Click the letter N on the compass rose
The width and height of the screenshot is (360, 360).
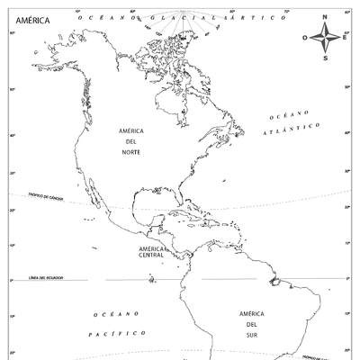[x=326, y=16]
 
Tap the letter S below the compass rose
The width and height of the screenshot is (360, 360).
[x=326, y=58]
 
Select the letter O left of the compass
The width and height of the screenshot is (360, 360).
[x=305, y=38]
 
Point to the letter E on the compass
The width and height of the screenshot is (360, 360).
[x=346, y=38]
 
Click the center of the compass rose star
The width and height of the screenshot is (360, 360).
[x=326, y=38]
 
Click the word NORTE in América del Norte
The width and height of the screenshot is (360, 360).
[x=130, y=152]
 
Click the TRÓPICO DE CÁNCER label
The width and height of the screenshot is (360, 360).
[x=45, y=195]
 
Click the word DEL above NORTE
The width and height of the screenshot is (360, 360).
[x=130, y=141]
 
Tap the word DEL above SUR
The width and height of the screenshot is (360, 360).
[x=251, y=324]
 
